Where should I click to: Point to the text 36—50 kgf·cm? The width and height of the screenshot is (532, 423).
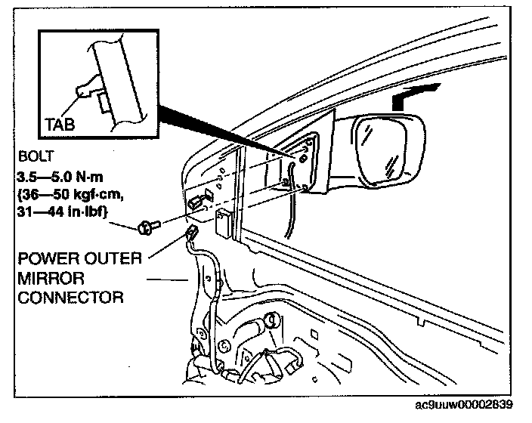point(63,196)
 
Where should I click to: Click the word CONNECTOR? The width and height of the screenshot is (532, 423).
point(70,297)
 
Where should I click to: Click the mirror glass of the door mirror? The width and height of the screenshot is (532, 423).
point(385,147)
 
